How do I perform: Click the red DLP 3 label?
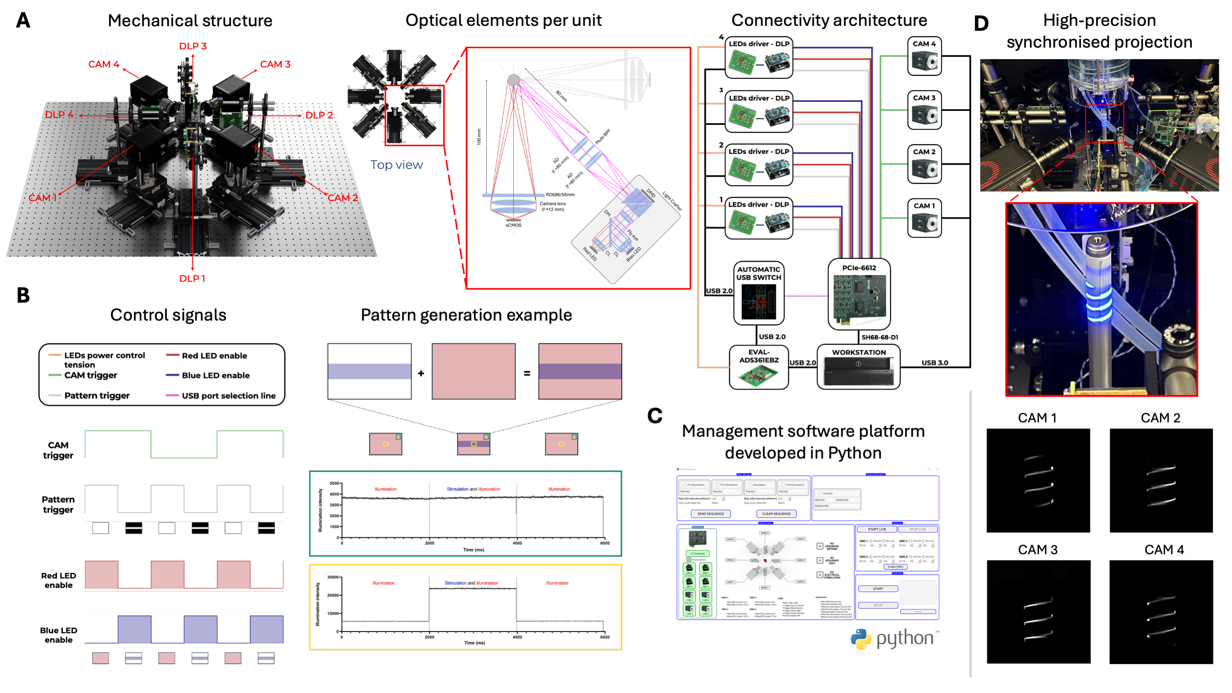click(x=193, y=46)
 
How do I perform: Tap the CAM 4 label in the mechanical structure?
click(x=104, y=64)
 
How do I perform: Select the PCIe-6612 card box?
click(x=859, y=294)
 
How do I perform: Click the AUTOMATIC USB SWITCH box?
click(x=758, y=293)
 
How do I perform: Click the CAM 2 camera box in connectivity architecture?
click(x=924, y=164)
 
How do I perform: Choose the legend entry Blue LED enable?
click(x=215, y=375)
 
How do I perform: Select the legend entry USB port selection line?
click(x=228, y=396)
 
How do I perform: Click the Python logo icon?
click(x=861, y=640)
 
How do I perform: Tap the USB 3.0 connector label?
click(x=935, y=363)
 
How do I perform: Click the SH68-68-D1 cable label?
click(x=880, y=338)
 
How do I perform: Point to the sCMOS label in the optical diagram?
click(x=513, y=225)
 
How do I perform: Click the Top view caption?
click(x=396, y=165)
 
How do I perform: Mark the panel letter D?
click(x=981, y=23)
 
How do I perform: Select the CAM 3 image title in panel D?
click(x=1037, y=550)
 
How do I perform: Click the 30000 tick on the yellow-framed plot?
click(x=332, y=578)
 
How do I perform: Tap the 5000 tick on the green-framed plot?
click(x=334, y=484)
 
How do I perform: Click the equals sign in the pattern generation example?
click(x=527, y=373)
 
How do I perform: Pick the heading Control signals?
click(x=168, y=315)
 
